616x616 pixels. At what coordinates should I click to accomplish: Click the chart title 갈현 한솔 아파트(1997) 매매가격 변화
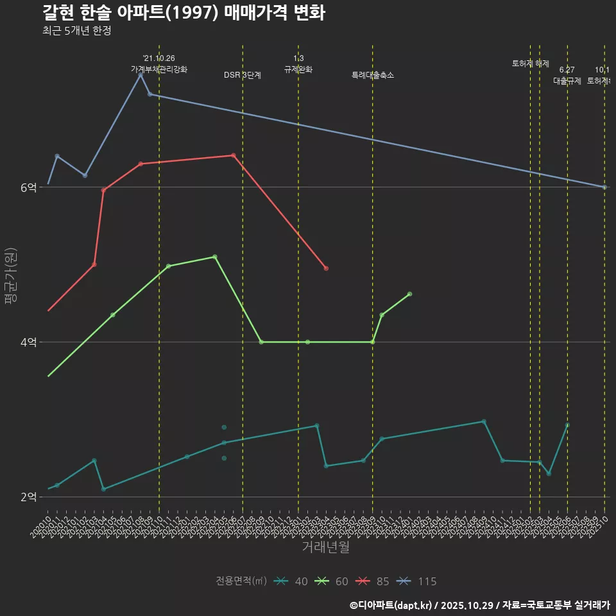point(184,13)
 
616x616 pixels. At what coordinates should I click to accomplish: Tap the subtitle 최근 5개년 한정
point(77,31)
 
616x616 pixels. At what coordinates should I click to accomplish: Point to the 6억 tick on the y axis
point(28,187)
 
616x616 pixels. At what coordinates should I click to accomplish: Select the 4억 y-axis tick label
point(28,342)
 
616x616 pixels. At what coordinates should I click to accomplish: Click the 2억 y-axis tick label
point(28,497)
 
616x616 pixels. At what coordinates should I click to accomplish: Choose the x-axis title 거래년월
point(326,547)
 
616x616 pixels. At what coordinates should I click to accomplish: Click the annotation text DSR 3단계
point(243,75)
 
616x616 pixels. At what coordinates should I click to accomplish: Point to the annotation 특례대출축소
point(373,75)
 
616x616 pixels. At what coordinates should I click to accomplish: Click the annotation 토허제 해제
point(531,64)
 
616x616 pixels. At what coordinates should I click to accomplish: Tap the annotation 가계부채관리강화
point(159,69)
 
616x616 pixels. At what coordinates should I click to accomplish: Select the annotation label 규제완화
point(298,69)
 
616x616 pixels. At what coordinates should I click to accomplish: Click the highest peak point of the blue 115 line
point(141,75)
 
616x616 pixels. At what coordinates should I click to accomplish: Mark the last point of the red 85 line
point(326,268)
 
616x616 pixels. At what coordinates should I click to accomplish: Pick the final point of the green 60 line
point(409,294)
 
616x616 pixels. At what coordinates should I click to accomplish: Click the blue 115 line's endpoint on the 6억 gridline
point(604,187)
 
